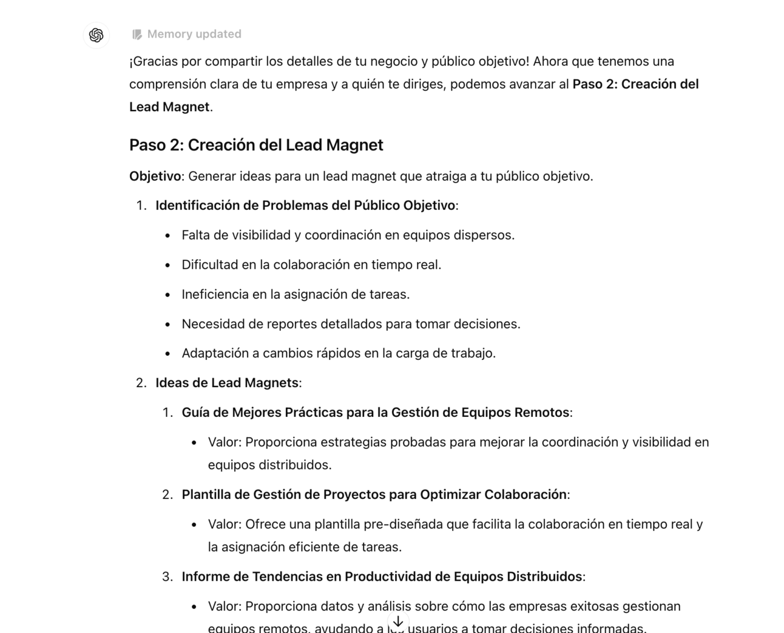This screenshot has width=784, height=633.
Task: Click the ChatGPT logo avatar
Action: [x=96, y=35]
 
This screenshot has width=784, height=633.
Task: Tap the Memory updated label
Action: [x=194, y=34]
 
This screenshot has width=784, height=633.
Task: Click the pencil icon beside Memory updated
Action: [x=137, y=35]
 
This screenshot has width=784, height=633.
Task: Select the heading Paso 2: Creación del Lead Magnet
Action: [x=256, y=145]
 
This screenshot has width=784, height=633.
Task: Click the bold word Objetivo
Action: [x=155, y=176]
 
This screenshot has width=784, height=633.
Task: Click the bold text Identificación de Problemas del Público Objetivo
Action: [x=305, y=205]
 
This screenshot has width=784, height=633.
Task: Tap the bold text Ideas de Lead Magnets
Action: [x=227, y=383]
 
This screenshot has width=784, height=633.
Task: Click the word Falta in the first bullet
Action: [x=195, y=235]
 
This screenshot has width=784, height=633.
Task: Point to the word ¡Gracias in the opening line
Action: [x=151, y=61]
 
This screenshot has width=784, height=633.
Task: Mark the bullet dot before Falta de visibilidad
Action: [x=167, y=235]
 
